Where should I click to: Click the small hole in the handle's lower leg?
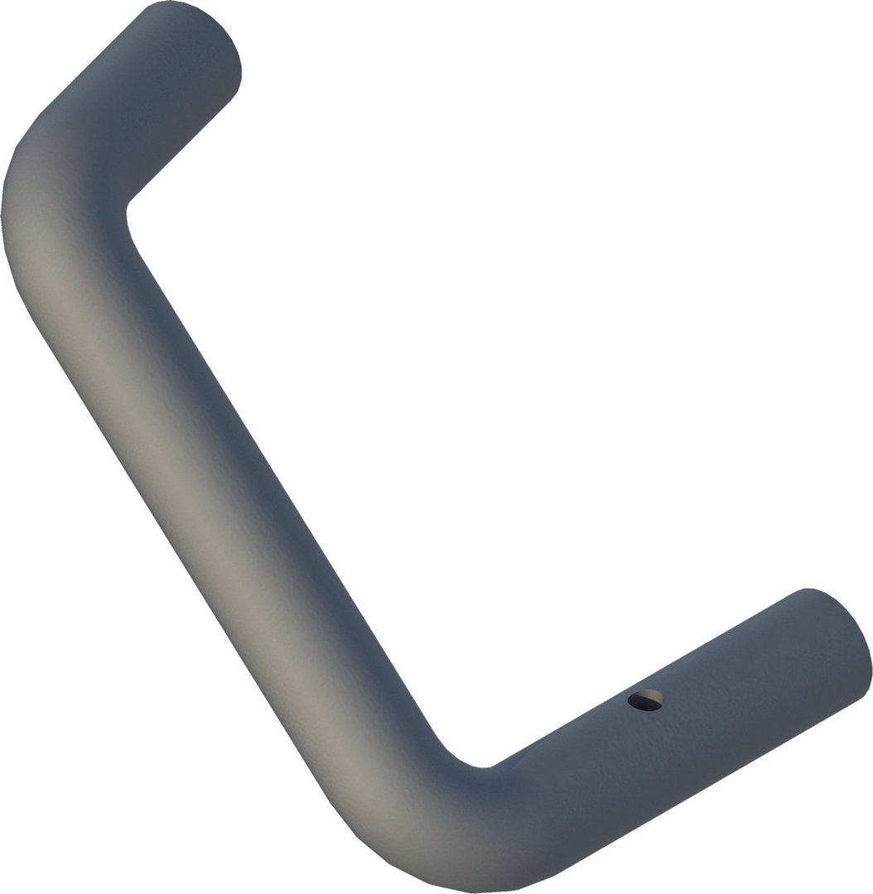pyautogui.click(x=645, y=700)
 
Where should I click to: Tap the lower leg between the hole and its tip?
pyautogui.click(x=745, y=679)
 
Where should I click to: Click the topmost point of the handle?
pyautogui.click(x=178, y=2)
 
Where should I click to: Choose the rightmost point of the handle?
pyautogui.click(x=871, y=662)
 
